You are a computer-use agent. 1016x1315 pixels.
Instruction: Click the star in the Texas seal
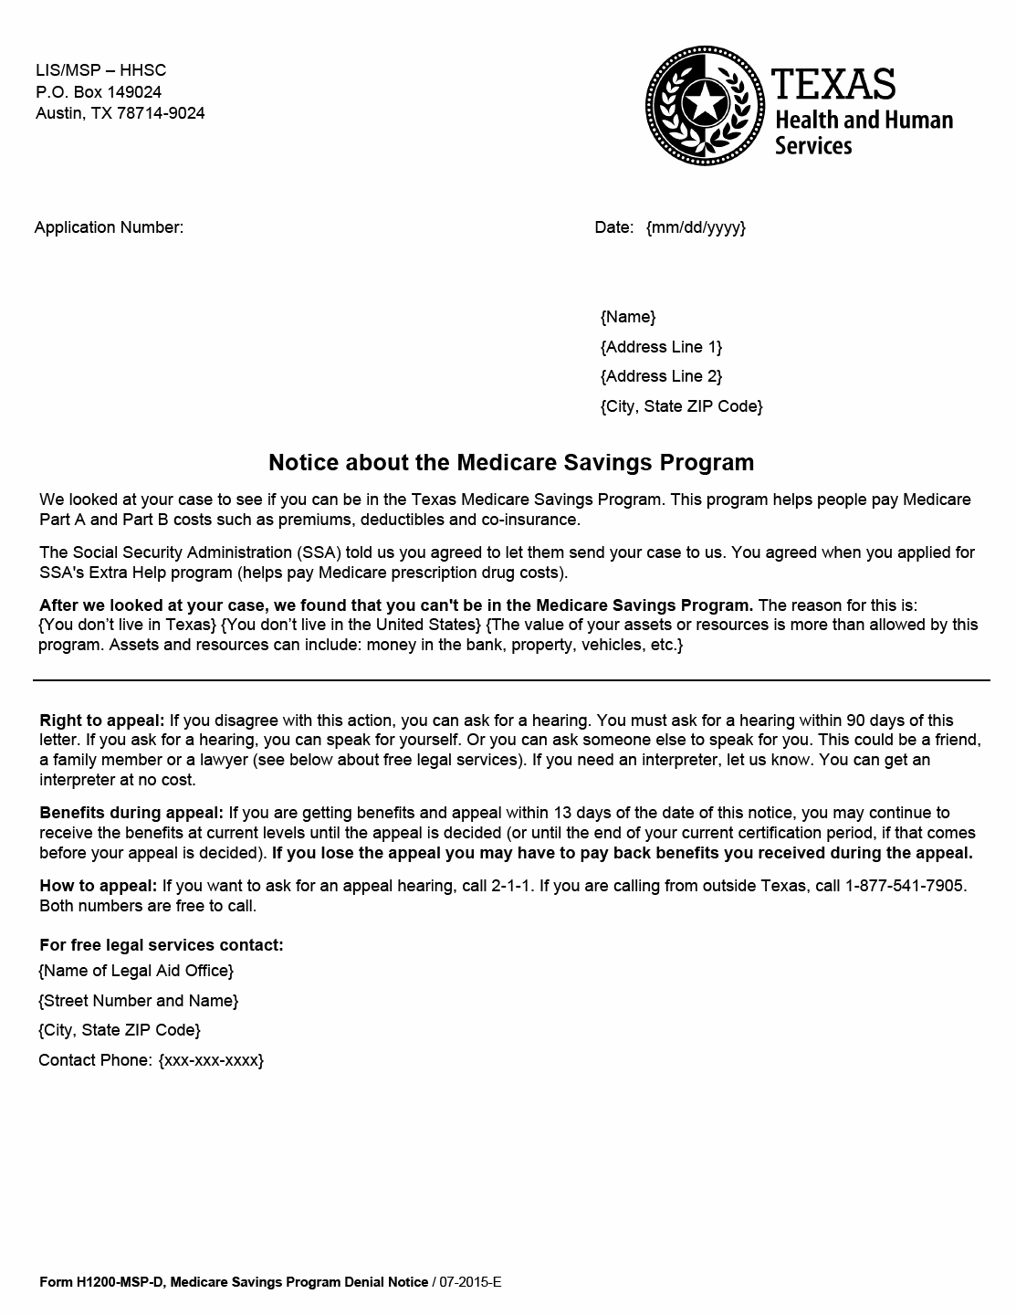pyautogui.click(x=705, y=103)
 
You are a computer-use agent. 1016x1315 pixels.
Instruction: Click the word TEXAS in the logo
pyautogui.click(x=833, y=85)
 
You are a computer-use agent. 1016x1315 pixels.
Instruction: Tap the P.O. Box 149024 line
pyautogui.click(x=99, y=92)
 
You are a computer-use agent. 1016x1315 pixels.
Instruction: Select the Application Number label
pyautogui.click(x=109, y=227)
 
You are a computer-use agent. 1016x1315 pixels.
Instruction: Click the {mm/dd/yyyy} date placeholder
pyautogui.click(x=696, y=227)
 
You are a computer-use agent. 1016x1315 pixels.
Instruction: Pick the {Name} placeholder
pyautogui.click(x=628, y=317)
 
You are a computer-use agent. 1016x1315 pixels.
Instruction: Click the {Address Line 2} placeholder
pyautogui.click(x=661, y=376)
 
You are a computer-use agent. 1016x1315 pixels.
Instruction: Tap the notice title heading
pyautogui.click(x=511, y=462)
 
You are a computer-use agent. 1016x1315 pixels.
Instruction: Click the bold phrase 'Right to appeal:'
pyautogui.click(x=102, y=721)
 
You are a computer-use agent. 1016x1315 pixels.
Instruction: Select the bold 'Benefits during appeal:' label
pyautogui.click(x=131, y=813)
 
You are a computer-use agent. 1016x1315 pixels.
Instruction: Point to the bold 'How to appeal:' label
pyautogui.click(x=99, y=886)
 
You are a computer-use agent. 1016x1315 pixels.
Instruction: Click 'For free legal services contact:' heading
pyautogui.click(x=162, y=945)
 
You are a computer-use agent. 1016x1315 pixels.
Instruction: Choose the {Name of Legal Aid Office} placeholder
pyautogui.click(x=136, y=971)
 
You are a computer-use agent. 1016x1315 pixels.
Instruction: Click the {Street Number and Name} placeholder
pyautogui.click(x=138, y=1001)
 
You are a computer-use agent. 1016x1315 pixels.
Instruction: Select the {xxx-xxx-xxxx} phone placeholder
pyautogui.click(x=211, y=1060)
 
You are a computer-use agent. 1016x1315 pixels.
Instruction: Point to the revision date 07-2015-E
pyautogui.click(x=470, y=1282)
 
